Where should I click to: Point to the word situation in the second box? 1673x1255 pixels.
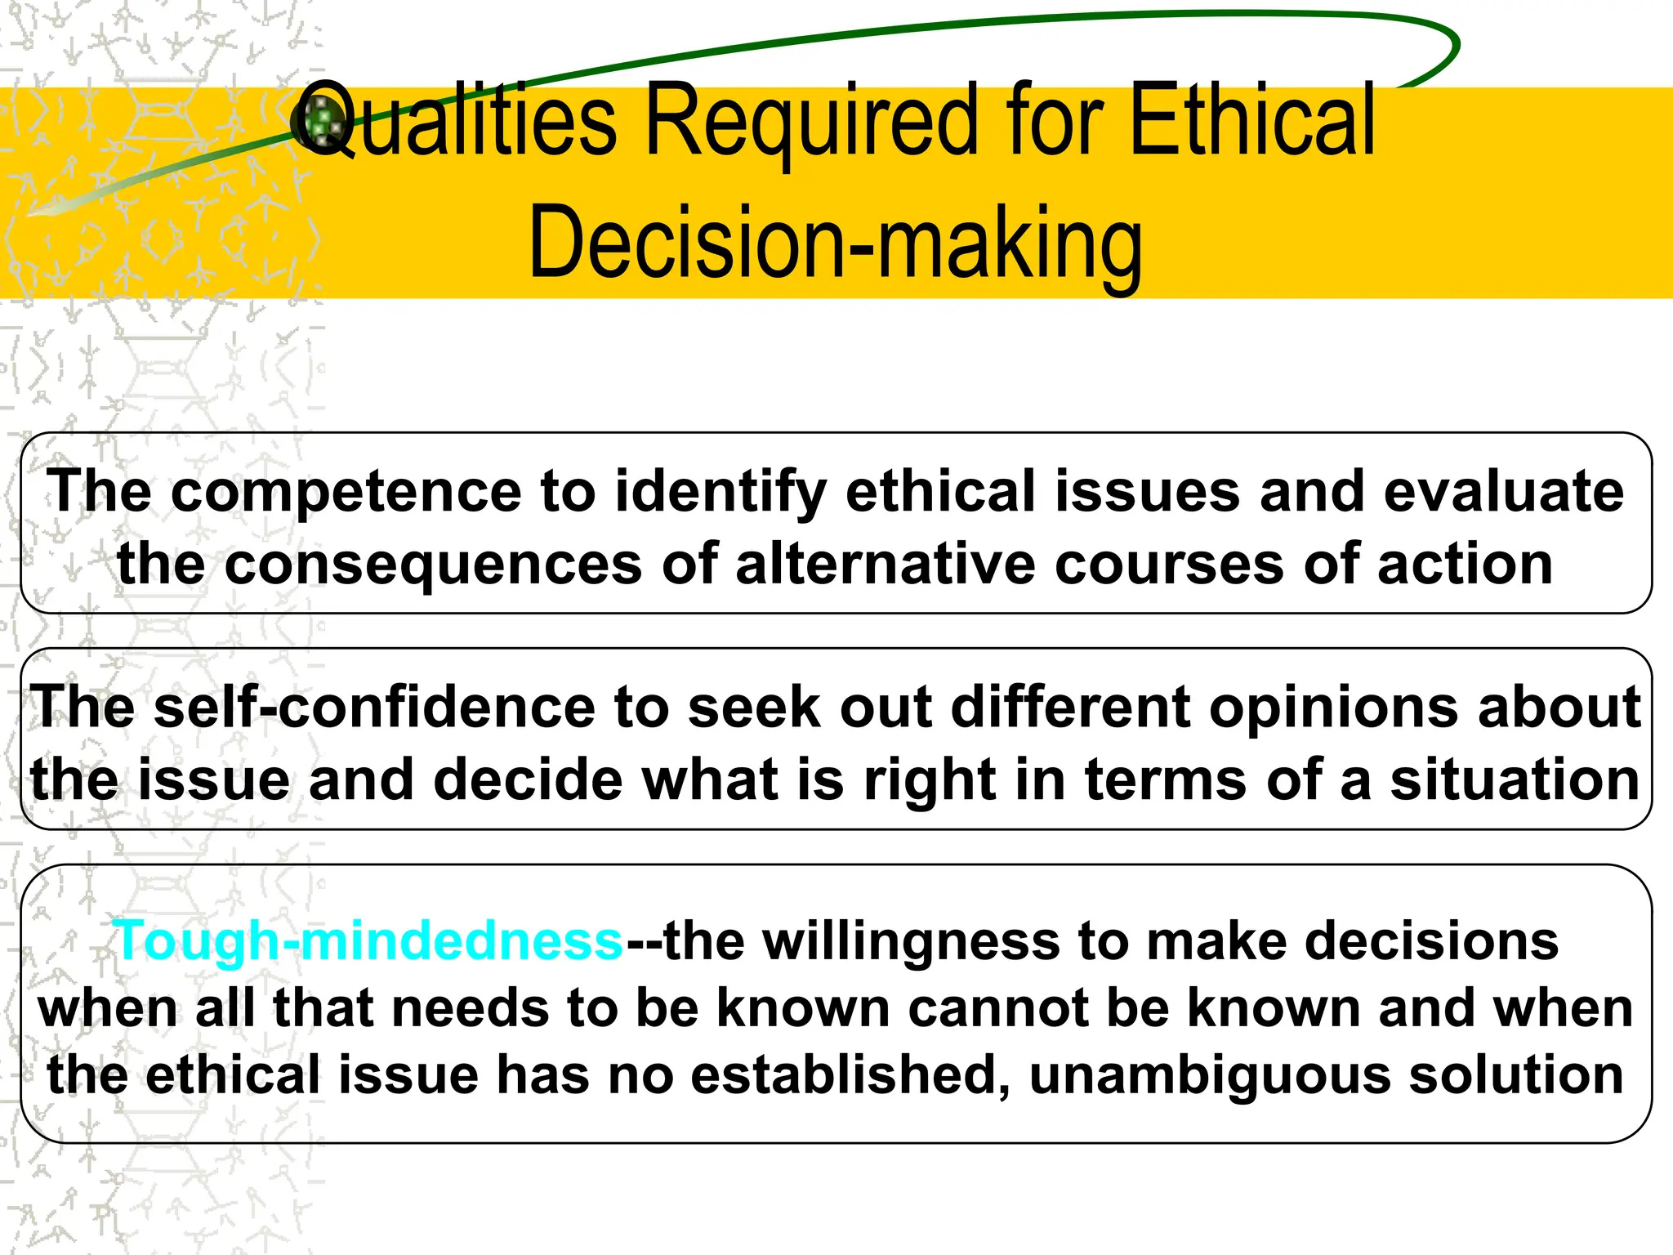click(x=1515, y=779)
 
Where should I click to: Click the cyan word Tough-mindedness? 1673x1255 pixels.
click(x=368, y=941)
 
